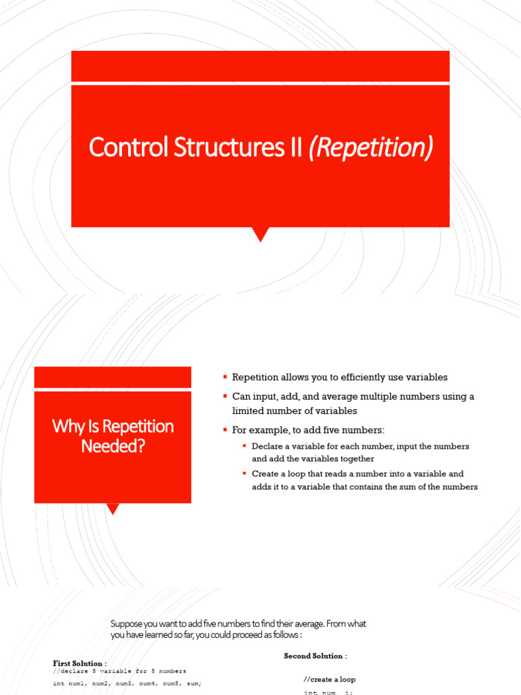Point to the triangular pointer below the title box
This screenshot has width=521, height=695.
[x=260, y=234]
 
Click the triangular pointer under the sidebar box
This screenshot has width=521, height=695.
[x=113, y=508]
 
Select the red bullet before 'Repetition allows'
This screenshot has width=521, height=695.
[x=225, y=377]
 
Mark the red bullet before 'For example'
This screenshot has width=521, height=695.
[x=225, y=430]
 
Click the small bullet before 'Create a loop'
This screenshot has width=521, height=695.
[x=244, y=474]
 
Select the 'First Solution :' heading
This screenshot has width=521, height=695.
[x=79, y=662]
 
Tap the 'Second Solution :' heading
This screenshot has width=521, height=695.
[x=315, y=656]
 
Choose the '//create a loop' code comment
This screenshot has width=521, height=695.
[x=329, y=679]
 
